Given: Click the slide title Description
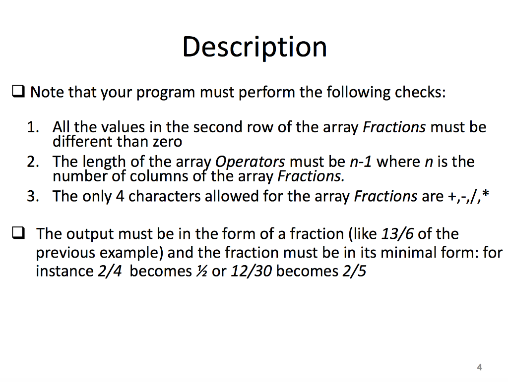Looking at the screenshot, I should pyautogui.click(x=254, y=47).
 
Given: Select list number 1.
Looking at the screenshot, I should pyautogui.click(x=33, y=128).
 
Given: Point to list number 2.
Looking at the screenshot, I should pyautogui.click(x=33, y=162).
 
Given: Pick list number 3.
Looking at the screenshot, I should pyautogui.click(x=33, y=197).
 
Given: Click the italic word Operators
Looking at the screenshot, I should pyautogui.click(x=251, y=162).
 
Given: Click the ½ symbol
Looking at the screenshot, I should pyautogui.click(x=201, y=272).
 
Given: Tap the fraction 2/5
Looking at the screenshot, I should pyautogui.click(x=354, y=272).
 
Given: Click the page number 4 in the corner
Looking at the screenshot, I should pyautogui.click(x=479, y=367).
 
